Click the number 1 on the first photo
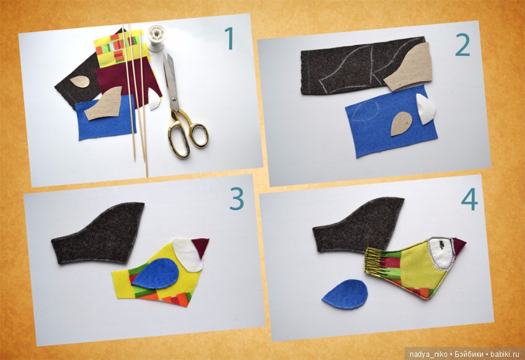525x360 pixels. click(x=229, y=38)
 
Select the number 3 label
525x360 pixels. click(x=237, y=199)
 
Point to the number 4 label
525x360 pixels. click(x=469, y=199)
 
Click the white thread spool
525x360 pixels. click(x=156, y=38)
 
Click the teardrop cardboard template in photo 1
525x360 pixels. click(x=80, y=82)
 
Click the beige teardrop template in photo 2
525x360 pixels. click(x=401, y=123)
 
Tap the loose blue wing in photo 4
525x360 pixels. click(x=345, y=294)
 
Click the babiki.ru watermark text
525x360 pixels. click(x=502, y=354)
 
